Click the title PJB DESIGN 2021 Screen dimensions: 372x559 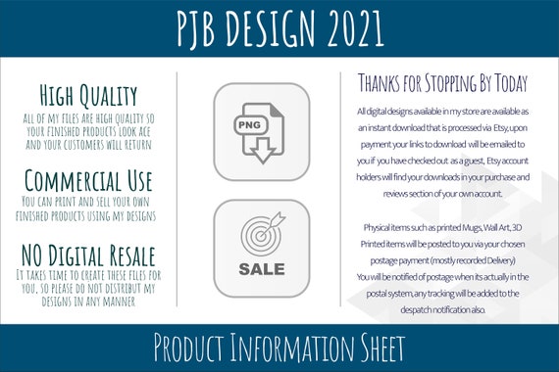click(279, 29)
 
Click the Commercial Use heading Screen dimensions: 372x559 click(87, 181)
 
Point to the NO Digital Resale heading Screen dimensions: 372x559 click(87, 256)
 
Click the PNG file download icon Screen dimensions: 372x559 click(261, 133)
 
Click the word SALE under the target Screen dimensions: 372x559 click(261, 268)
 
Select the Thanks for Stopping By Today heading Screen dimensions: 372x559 click(442, 82)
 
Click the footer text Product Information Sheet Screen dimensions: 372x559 click(279, 348)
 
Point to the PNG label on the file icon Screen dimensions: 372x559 click(247, 125)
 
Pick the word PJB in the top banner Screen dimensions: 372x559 click(202, 29)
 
